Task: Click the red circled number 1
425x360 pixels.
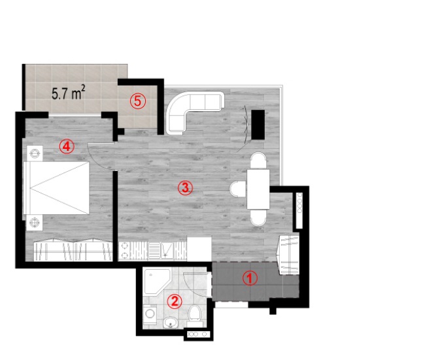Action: pos(250,278)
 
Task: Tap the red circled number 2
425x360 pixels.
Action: pos(175,301)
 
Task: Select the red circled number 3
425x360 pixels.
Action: pos(185,188)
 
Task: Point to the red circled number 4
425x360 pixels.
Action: pos(67,146)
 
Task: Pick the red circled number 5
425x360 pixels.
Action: pos(138,101)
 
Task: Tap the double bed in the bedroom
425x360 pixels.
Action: pos(56,188)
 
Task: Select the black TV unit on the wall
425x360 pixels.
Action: pos(258,125)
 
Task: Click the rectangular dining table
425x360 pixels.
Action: pos(258,189)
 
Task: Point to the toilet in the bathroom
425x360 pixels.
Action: pos(194,316)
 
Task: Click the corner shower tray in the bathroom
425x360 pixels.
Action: pos(157,281)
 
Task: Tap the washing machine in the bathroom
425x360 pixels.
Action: pos(149,314)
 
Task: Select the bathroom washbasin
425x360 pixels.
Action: pos(170,322)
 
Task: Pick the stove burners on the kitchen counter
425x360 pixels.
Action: pos(124,250)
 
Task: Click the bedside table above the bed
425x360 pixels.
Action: pos(35,154)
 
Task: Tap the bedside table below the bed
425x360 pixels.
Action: pos(35,223)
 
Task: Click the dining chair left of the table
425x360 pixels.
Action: pos(238,189)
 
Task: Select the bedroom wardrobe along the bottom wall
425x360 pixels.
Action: pos(73,251)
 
